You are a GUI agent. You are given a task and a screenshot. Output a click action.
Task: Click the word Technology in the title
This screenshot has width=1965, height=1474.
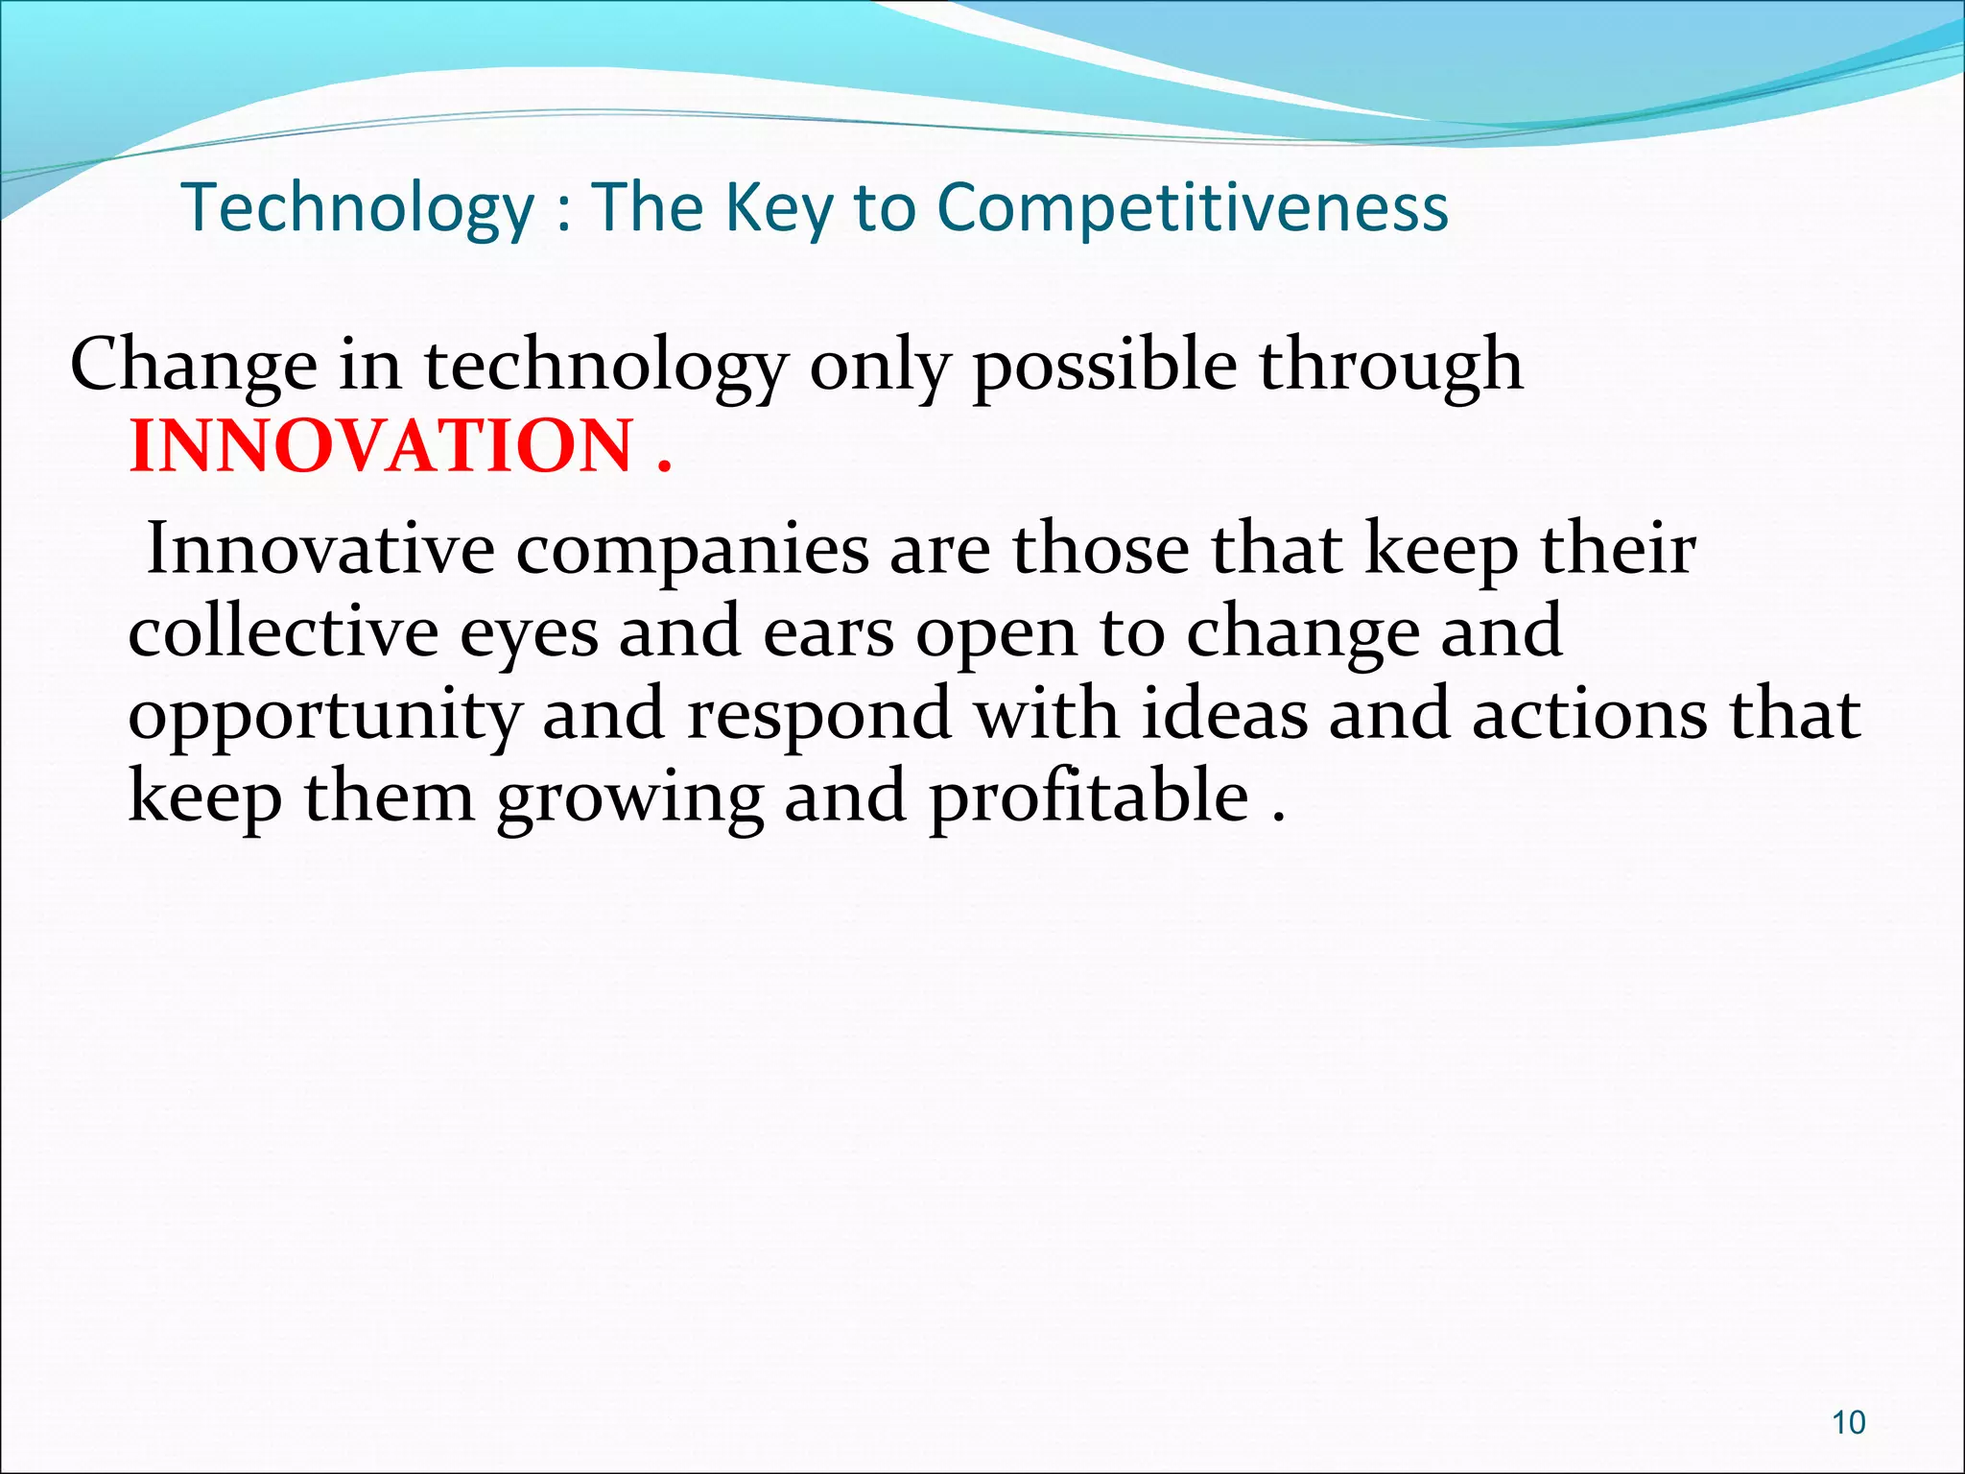[357, 207]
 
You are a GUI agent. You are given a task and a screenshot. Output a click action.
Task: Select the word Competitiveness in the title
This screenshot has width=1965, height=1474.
[1192, 207]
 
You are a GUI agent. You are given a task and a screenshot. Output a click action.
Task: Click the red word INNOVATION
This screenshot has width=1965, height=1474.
[381, 446]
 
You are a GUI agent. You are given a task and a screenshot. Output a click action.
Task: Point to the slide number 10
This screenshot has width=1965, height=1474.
[1848, 1422]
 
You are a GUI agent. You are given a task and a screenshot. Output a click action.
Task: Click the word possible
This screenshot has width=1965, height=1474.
[1104, 367]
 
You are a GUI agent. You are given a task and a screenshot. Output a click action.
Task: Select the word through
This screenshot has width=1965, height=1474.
[1390, 367]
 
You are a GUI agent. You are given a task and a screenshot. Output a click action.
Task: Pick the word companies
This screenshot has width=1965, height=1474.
[692, 551]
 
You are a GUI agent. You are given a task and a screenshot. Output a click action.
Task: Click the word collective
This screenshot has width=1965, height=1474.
[283, 631]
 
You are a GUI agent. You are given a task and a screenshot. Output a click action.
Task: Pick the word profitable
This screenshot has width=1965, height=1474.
[1089, 797]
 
